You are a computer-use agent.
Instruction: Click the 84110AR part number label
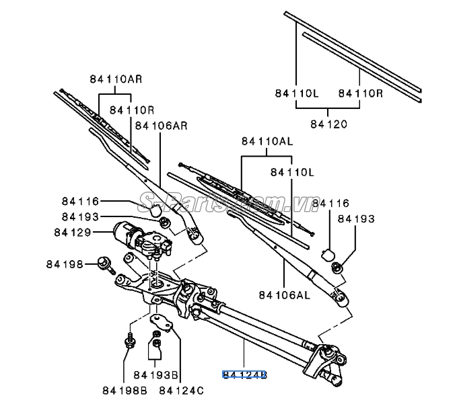115,79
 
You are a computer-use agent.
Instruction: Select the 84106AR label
162,124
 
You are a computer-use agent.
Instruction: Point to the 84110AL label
267,142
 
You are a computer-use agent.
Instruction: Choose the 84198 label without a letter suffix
65,265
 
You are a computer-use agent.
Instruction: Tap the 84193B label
155,374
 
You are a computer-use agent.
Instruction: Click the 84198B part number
125,389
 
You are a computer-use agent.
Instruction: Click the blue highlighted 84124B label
245,374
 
